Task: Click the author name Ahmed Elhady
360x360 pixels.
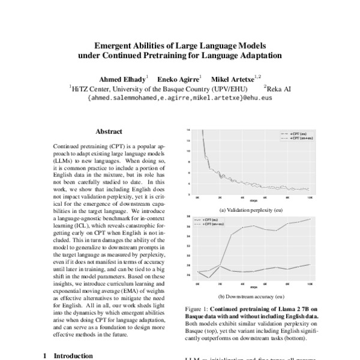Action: (123, 78)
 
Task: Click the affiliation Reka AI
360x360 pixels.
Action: (279, 88)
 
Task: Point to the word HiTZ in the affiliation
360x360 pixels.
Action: (80, 88)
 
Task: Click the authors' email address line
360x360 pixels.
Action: (180, 97)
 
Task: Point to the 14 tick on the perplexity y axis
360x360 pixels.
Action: (189, 130)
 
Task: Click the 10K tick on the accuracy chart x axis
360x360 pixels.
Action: (310, 283)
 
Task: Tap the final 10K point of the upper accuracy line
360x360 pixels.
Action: (310, 219)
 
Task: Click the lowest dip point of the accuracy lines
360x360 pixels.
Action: (209, 277)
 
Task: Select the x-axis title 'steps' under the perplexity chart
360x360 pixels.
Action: (254, 200)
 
